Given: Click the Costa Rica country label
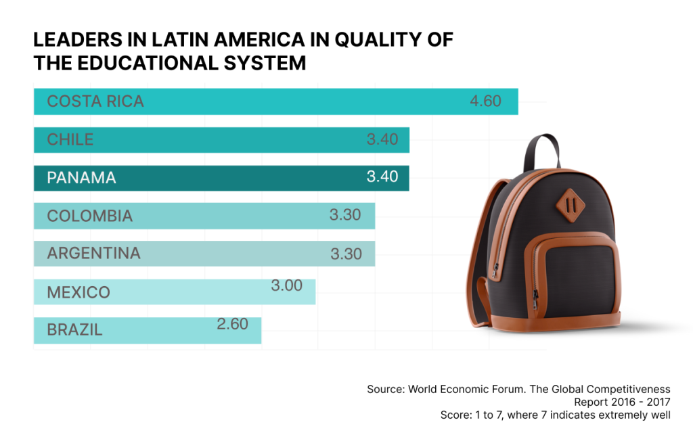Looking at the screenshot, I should [95, 101].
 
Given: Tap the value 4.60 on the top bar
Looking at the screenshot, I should [485, 101].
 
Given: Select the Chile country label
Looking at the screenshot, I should [70, 140].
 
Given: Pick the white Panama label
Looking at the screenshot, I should [81, 178].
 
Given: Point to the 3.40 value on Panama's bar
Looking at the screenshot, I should [382, 177].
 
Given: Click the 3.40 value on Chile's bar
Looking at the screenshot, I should [382, 140].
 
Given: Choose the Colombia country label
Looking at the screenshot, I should [90, 216].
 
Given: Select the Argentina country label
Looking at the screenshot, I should [94, 254].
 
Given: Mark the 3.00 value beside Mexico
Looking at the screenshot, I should [286, 286].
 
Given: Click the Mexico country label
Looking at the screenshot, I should [79, 293].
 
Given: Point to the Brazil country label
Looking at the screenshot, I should [74, 331].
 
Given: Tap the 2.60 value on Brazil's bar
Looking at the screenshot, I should [232, 324].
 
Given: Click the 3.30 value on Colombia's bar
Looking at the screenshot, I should [345, 216].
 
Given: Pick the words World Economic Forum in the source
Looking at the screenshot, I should [458, 389].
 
